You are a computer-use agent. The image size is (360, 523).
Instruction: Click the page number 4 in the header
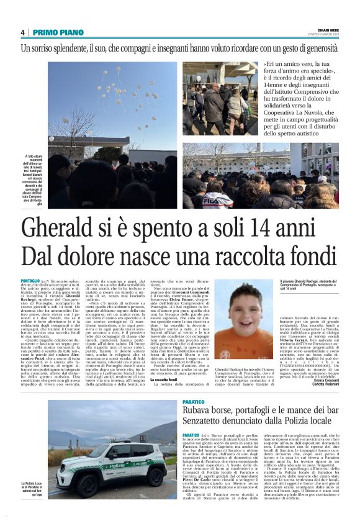click(x=22, y=32)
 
